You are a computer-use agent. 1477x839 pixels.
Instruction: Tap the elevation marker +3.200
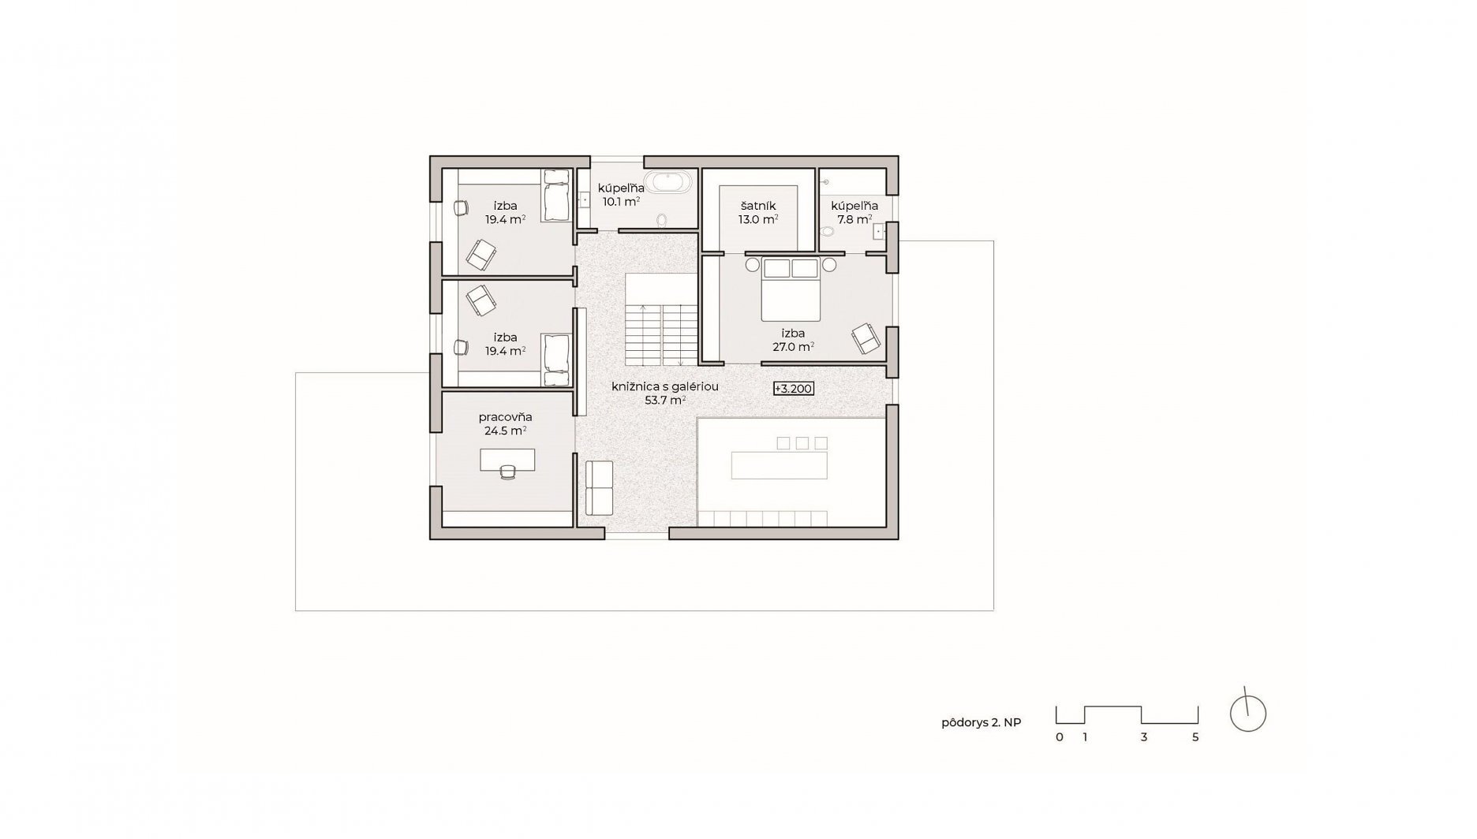click(x=793, y=389)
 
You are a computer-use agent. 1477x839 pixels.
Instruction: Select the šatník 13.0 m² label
click(x=758, y=213)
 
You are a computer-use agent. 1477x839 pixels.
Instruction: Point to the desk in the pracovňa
click(x=507, y=460)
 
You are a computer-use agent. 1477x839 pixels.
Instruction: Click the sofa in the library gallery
click(x=600, y=488)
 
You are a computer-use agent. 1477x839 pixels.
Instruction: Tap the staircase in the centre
click(x=661, y=319)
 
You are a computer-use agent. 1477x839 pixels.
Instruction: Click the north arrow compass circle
click(x=1248, y=714)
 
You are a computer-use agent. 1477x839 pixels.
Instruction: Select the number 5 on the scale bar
click(x=1195, y=737)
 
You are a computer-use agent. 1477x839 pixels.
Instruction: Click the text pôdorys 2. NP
click(x=981, y=722)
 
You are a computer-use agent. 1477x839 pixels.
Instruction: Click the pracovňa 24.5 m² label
click(x=506, y=423)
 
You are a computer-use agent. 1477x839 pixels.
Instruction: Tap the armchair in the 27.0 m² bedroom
click(x=866, y=337)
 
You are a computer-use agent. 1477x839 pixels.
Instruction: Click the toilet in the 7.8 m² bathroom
click(x=826, y=232)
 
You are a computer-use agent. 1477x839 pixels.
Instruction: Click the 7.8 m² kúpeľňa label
click(x=854, y=213)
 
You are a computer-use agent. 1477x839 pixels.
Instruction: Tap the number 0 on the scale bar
click(x=1060, y=737)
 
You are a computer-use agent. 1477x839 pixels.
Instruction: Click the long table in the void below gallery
click(x=780, y=465)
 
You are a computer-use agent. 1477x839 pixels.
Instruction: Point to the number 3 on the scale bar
click(x=1143, y=737)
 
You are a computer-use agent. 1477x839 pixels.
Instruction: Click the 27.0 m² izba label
click(x=793, y=340)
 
